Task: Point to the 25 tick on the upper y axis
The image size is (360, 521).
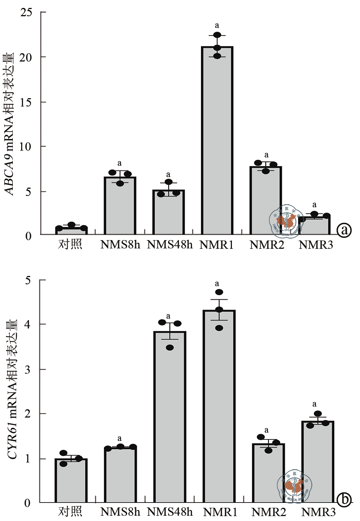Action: point(26,12)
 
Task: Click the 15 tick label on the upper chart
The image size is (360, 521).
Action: point(26,102)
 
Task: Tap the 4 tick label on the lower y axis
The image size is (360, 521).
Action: point(28,324)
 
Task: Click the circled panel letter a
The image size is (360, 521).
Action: point(344,230)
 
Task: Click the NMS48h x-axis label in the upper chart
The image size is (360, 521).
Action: point(169,245)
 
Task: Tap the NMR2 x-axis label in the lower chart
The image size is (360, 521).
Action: point(269,512)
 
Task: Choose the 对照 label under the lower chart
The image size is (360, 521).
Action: point(70,512)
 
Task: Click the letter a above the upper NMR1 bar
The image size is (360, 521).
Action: point(217,26)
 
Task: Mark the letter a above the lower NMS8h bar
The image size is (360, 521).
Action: point(119,438)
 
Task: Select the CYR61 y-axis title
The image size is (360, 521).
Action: point(12,389)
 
